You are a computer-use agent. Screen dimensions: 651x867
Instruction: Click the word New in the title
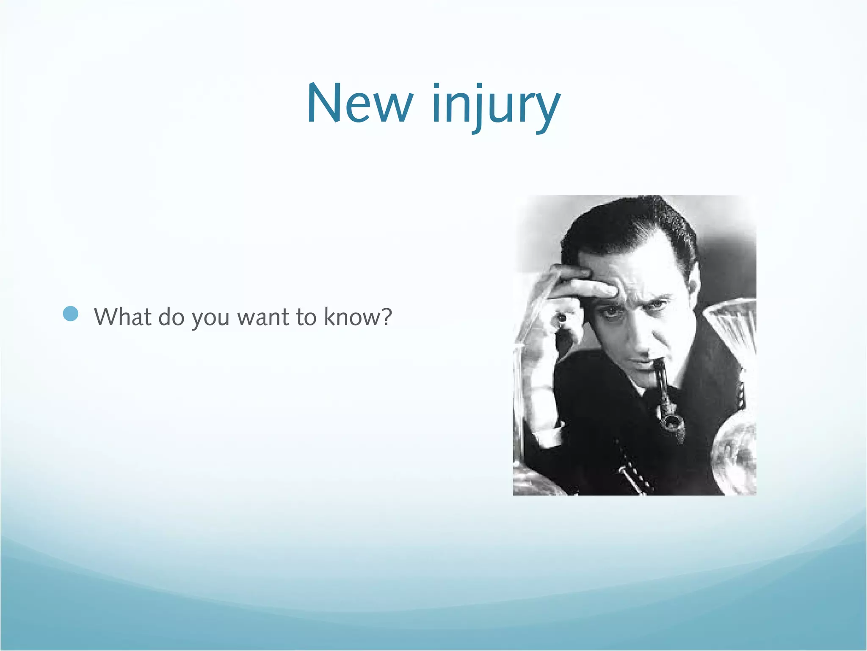pyautogui.click(x=359, y=104)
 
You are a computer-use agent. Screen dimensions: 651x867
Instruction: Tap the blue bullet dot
pyautogui.click(x=71, y=314)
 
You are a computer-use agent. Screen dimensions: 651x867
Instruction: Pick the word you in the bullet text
pyautogui.click(x=210, y=319)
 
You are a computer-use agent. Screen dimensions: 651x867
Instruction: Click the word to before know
pyautogui.click(x=306, y=317)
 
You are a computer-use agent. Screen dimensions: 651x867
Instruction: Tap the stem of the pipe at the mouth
pyautogui.click(x=659, y=369)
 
